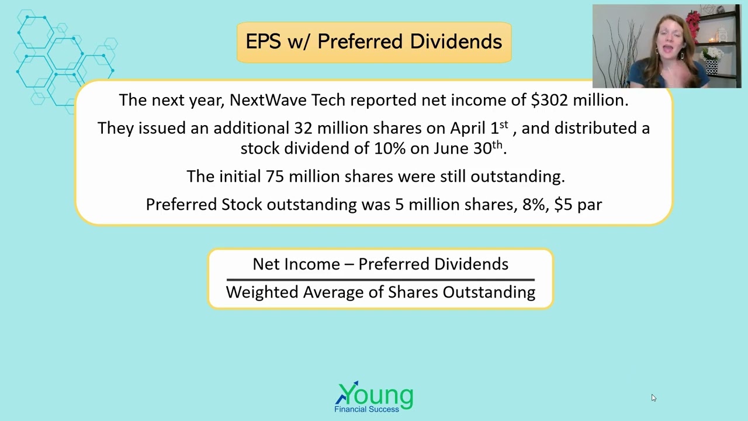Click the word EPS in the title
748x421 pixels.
point(264,42)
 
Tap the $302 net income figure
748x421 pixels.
point(549,100)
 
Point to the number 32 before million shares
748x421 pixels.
point(303,128)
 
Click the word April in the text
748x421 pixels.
point(467,128)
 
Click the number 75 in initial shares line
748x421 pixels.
point(275,177)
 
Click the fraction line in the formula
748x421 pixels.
point(380,279)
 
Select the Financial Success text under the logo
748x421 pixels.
point(366,409)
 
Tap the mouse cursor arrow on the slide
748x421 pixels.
point(653,398)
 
